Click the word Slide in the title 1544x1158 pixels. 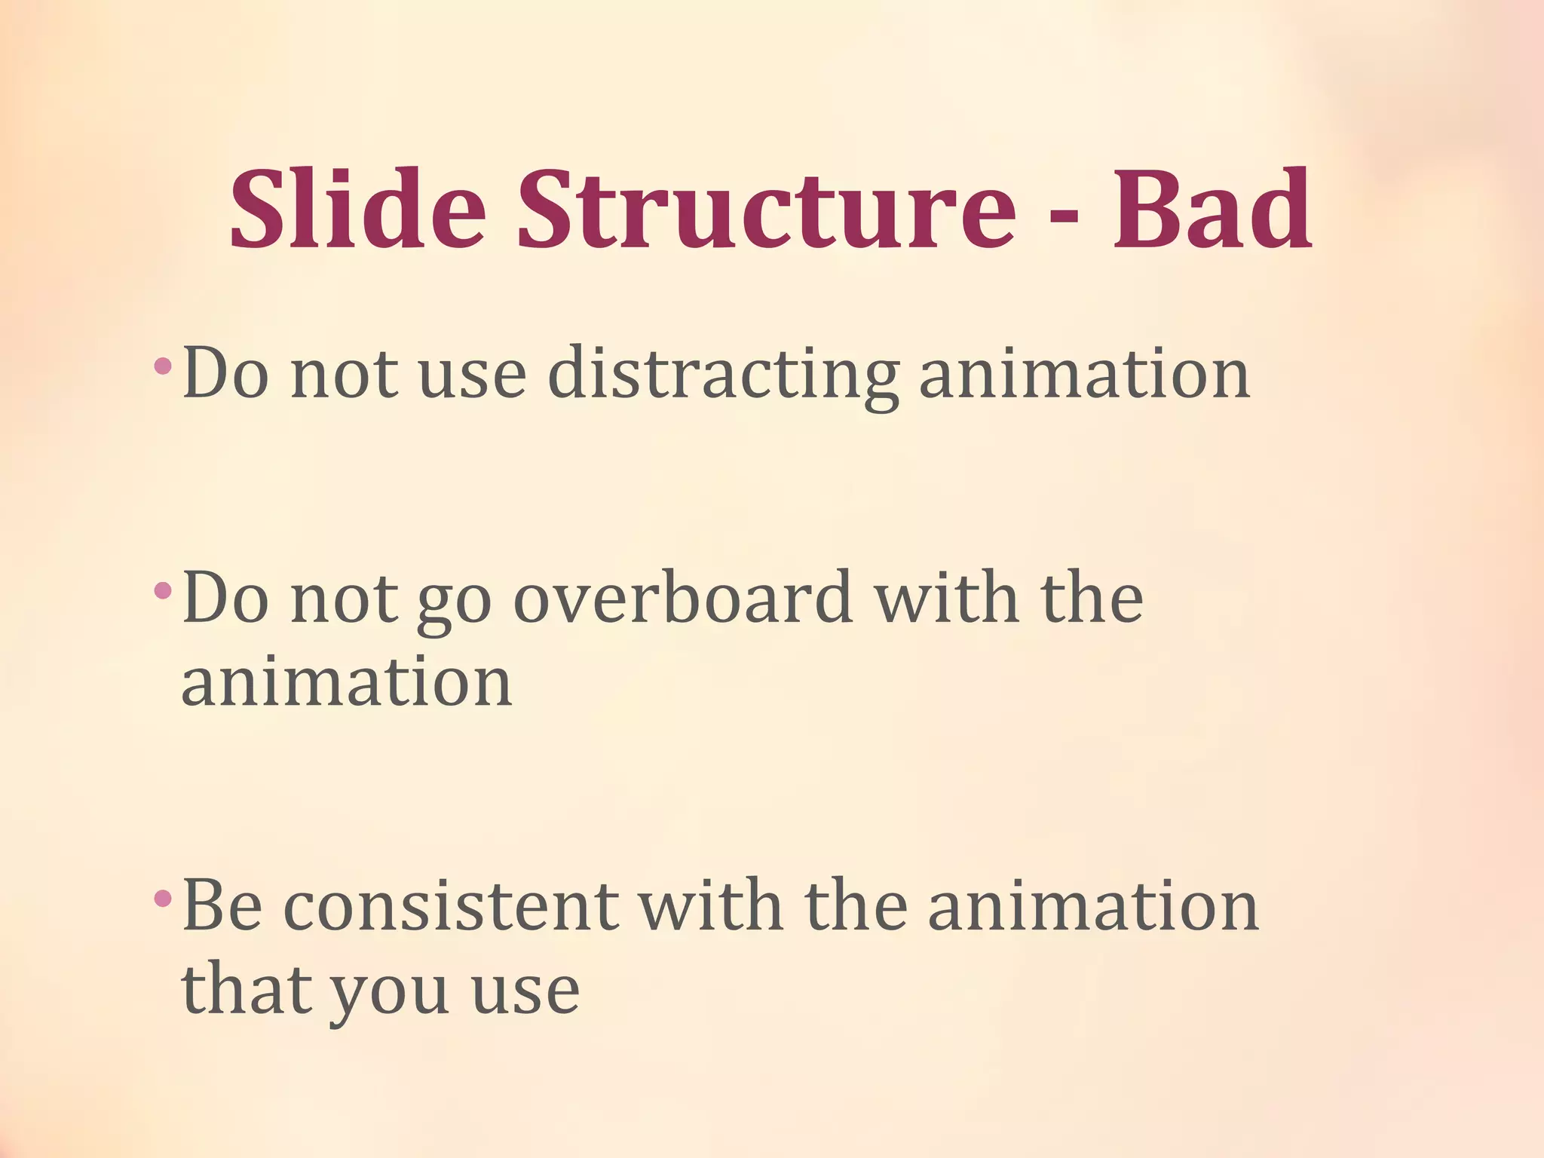tap(357, 209)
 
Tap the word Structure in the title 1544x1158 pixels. tap(766, 209)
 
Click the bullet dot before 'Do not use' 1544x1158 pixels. tap(161, 367)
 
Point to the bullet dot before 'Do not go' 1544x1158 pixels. tap(161, 591)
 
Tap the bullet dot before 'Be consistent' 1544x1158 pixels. tap(161, 898)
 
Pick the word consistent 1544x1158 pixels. tap(451, 905)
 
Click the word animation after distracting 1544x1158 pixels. tap(1084, 375)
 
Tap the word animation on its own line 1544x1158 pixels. tap(347, 682)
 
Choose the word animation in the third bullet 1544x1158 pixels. tap(1092, 905)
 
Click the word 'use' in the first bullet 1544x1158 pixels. tap(472, 375)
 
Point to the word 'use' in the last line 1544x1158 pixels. tap(525, 989)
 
